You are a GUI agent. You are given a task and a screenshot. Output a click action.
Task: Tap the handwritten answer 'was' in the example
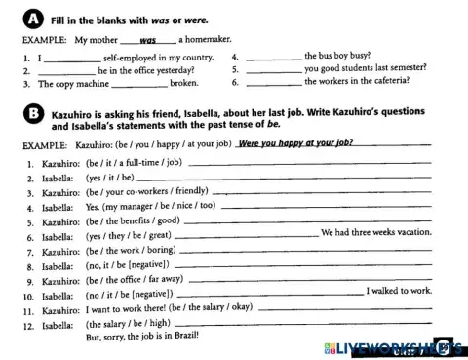148,41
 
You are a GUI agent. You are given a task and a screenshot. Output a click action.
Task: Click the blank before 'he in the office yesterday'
65,72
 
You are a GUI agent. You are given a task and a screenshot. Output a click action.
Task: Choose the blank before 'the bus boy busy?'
273,59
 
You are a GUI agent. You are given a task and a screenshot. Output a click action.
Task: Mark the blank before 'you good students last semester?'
273,71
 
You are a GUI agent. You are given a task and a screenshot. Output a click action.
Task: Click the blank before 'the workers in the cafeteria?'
273,84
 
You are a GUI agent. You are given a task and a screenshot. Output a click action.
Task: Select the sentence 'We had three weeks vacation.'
375,233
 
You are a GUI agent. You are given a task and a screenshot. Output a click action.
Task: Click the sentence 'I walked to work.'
399,291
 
